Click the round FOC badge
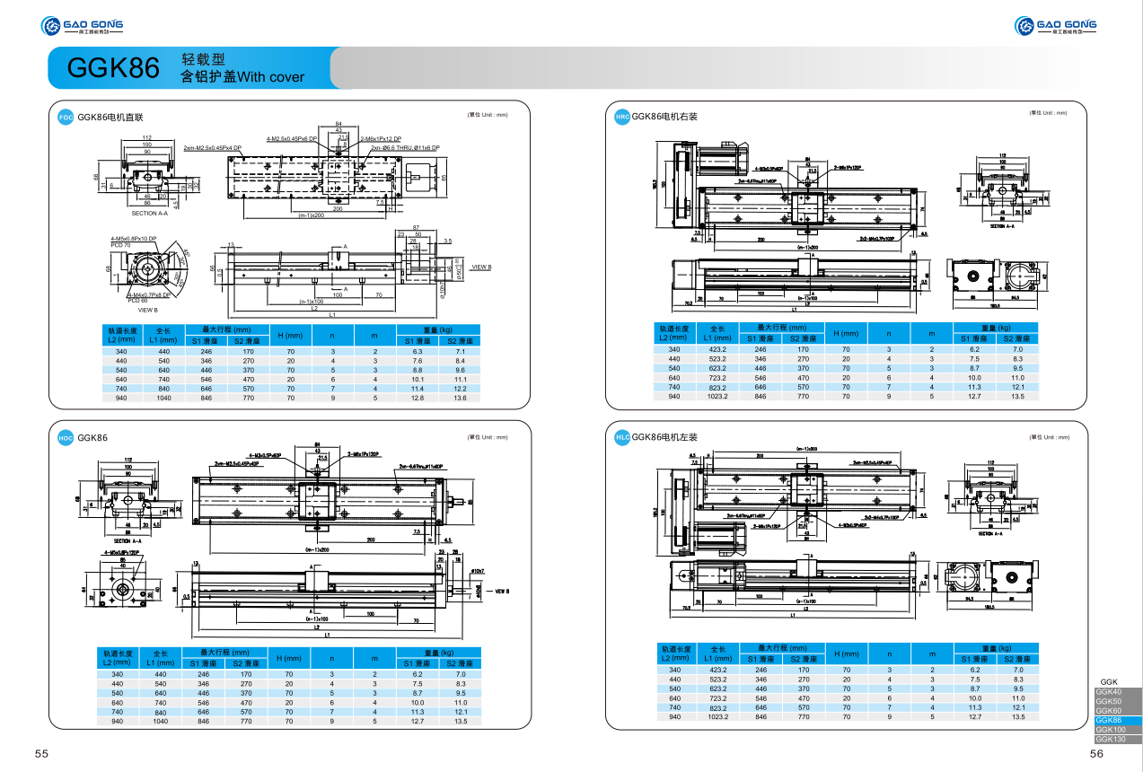65,118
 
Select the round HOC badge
65,437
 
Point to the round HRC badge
621,117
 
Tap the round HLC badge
621,437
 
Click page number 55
41,754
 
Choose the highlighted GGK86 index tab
1109,720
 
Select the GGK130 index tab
1111,739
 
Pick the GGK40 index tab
1109,692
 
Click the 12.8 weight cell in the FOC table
418,397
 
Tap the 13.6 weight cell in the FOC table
460,397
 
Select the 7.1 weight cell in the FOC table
460,351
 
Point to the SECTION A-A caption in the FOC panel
149,214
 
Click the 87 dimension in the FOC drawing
416,227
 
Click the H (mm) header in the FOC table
288,335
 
